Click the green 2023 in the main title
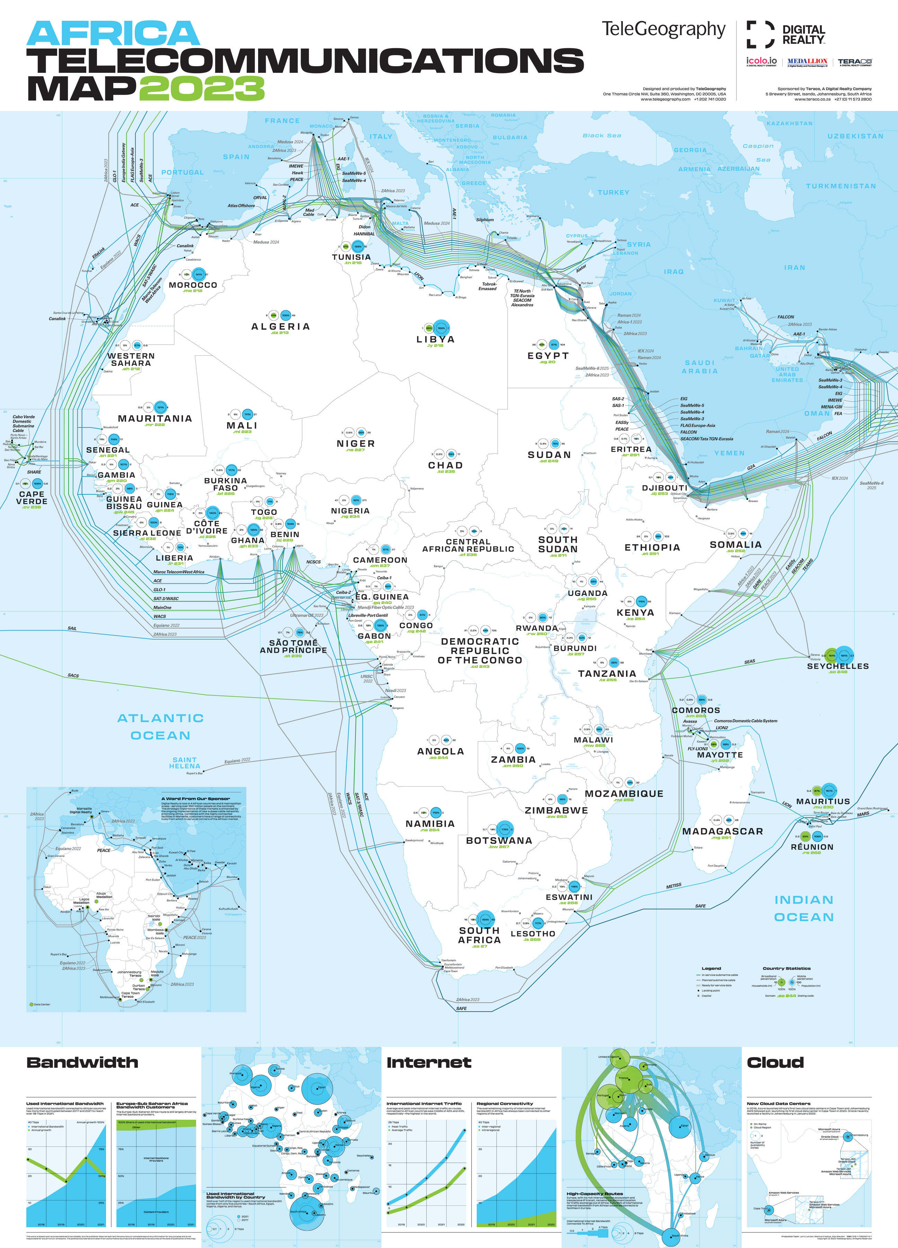[x=201, y=88]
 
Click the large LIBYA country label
[x=435, y=339]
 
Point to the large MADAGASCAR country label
[x=722, y=831]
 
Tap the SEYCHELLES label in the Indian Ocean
[x=837, y=666]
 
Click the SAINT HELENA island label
[x=185, y=763]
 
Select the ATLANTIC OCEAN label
[x=160, y=726]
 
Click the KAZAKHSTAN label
[x=789, y=123]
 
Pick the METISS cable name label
[x=673, y=886]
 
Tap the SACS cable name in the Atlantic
[x=73, y=675]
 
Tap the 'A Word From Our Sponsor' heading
[x=195, y=798]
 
